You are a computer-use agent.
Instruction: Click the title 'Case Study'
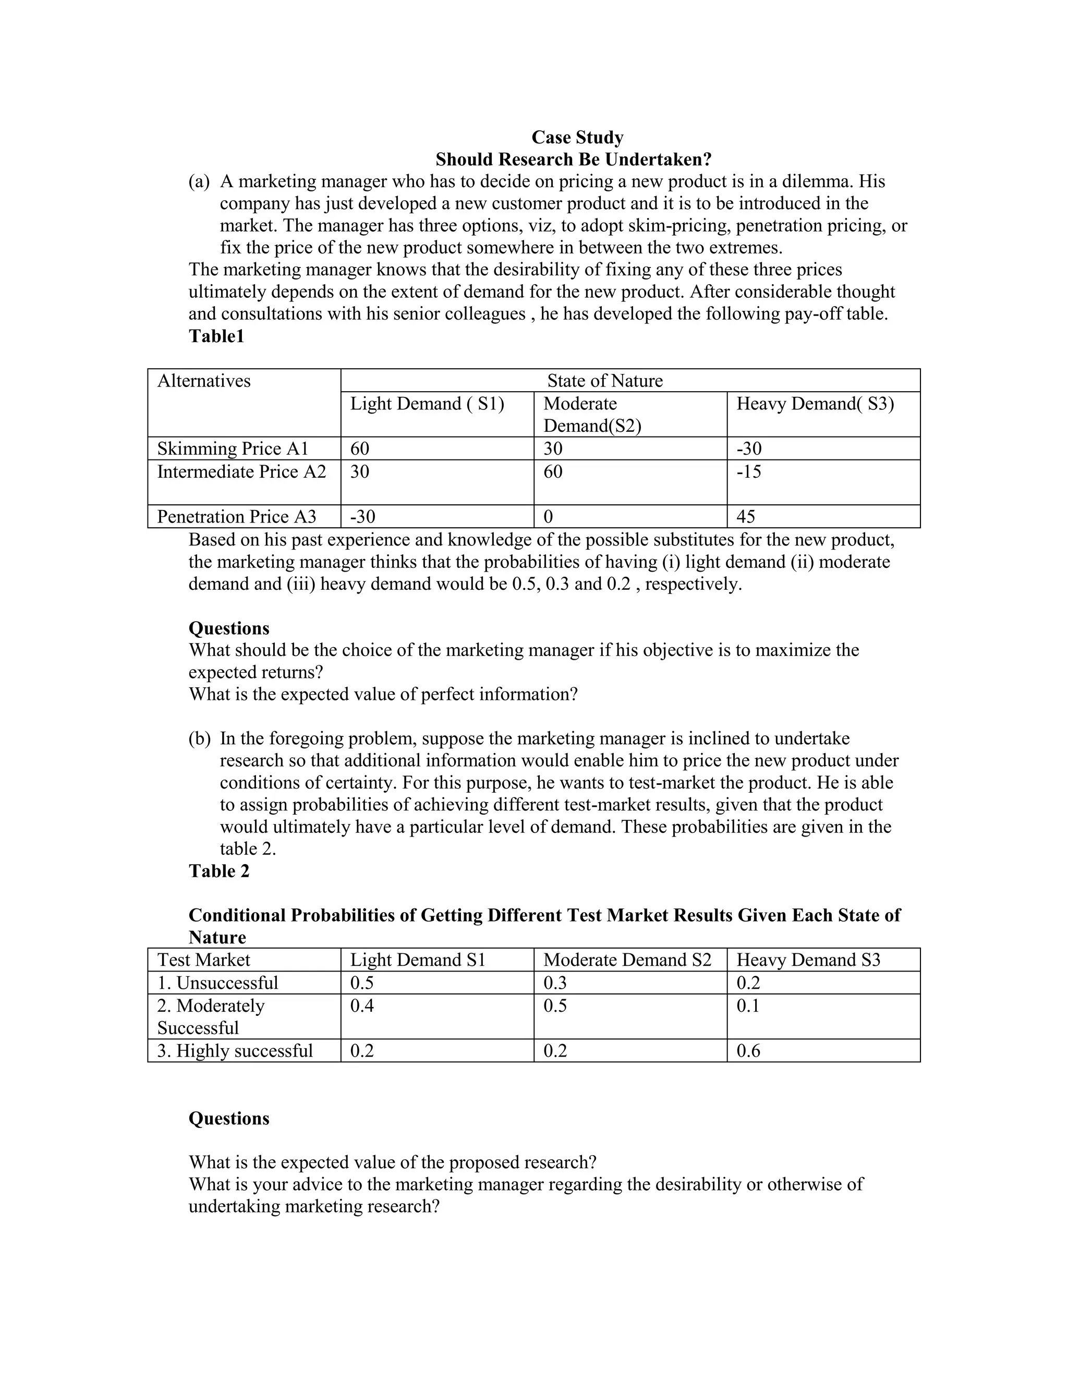coord(577,137)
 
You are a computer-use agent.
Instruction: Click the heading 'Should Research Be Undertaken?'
coord(573,160)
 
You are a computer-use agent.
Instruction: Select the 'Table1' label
coord(216,336)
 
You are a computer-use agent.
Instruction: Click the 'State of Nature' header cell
coord(604,380)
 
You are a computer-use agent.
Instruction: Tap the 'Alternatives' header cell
coord(204,380)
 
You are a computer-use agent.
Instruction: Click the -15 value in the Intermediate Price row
coord(748,471)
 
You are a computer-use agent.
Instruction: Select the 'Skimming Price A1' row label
coord(232,448)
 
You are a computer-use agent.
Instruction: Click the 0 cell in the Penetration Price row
coord(548,516)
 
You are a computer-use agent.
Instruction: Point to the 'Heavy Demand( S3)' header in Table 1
coord(815,404)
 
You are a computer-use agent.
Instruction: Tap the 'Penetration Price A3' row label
coord(236,516)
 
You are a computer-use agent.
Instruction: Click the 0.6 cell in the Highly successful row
coord(748,1051)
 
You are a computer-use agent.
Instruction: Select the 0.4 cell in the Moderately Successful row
coord(362,1005)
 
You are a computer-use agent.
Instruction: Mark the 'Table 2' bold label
coord(219,871)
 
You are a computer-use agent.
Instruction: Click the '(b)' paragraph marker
coord(199,738)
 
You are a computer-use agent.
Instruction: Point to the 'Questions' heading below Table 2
coord(229,1118)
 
